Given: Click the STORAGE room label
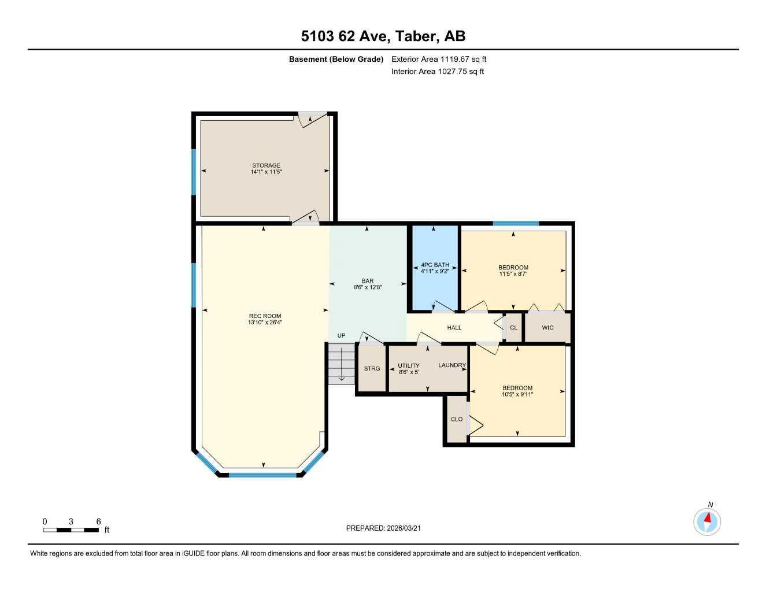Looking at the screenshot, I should click(266, 166).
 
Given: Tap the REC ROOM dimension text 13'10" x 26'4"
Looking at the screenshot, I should click(265, 323).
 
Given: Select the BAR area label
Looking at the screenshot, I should click(368, 281).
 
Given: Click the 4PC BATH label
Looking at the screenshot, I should click(435, 265).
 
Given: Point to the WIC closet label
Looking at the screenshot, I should click(547, 328).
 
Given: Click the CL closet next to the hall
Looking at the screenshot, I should click(513, 328).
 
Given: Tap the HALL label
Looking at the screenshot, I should click(454, 328).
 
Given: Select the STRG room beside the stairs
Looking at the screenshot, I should click(372, 369).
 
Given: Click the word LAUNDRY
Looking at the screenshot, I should click(452, 365).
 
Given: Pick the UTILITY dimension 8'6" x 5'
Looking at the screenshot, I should click(409, 372).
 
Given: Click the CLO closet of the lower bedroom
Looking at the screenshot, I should click(457, 419).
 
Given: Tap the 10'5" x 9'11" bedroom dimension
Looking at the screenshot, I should click(517, 395).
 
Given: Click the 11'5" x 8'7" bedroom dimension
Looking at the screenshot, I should click(513, 274).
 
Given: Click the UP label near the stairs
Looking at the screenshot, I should click(341, 336).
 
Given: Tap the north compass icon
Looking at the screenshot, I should click(707, 521).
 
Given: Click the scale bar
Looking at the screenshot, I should click(71, 530).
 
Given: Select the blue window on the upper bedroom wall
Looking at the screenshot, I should click(516, 223).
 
